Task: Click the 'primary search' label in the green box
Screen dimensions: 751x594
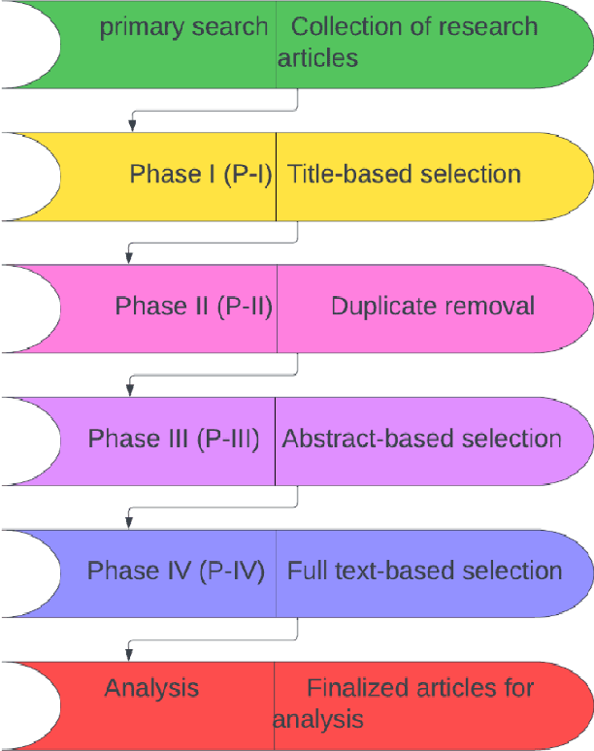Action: point(183,26)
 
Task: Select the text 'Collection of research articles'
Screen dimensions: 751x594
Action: point(407,42)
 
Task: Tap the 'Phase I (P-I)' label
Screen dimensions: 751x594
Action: point(200,175)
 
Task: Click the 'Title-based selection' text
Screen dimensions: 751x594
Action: point(405,175)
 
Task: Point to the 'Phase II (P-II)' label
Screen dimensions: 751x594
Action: point(192,306)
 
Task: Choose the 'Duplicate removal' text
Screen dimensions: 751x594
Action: point(432,306)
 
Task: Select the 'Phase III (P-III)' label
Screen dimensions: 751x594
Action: point(173,438)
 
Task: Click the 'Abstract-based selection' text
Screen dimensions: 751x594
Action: point(421,438)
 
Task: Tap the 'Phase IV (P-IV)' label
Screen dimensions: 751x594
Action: point(176,570)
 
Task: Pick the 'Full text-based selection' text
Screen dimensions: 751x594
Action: point(424,570)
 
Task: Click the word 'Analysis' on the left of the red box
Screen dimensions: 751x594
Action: point(151,688)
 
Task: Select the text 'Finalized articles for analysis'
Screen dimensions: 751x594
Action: point(408,703)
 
